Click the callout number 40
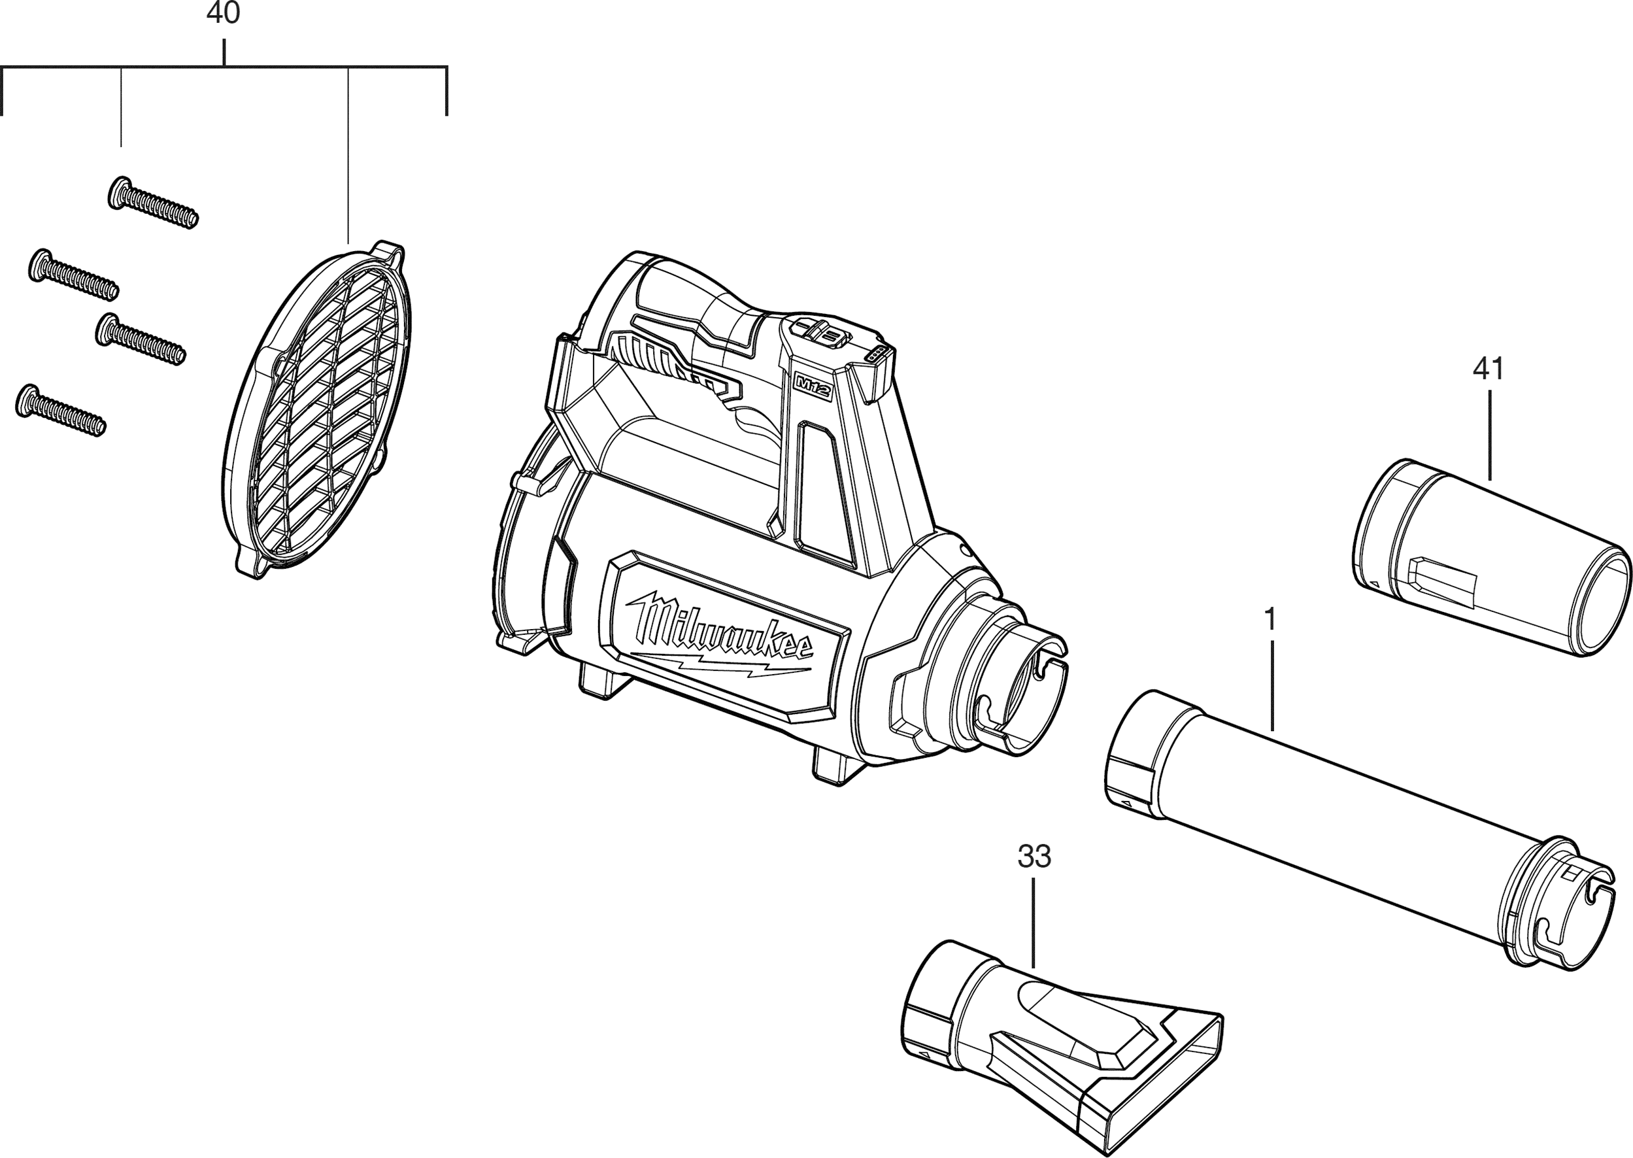point(223,14)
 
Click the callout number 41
point(1489,369)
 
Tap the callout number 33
point(1034,857)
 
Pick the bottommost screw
point(60,410)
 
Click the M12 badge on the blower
point(815,387)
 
